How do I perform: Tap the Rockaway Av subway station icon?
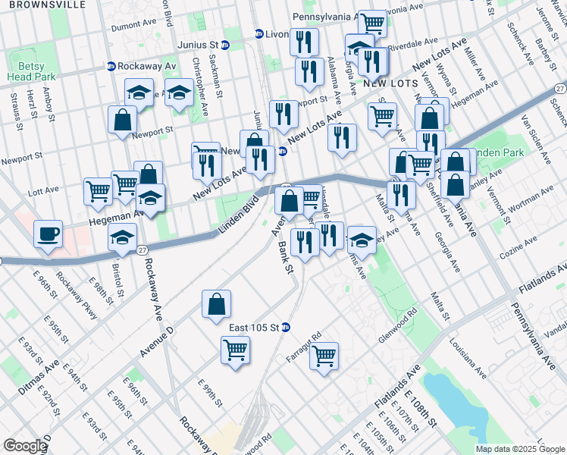(x=111, y=66)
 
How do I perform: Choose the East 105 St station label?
(x=254, y=328)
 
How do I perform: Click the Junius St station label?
(x=198, y=45)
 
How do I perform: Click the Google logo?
(x=25, y=446)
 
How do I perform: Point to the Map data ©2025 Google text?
(x=520, y=449)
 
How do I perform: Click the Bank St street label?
(x=285, y=257)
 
